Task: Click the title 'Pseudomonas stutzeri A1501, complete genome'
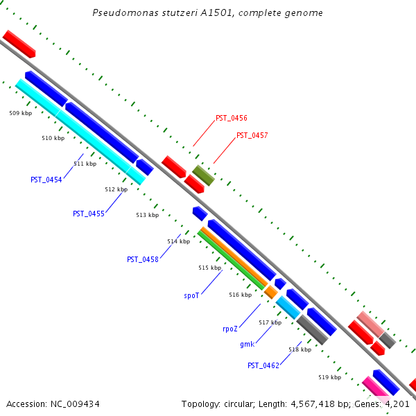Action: pos(207,13)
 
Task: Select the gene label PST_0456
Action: pos(231,119)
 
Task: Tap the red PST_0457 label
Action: pos(252,136)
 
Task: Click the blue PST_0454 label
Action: pos(46,180)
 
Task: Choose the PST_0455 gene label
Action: pos(88,214)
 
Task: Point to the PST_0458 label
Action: pos(142,259)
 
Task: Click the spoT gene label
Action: pos(191,295)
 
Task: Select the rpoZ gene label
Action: pos(231,329)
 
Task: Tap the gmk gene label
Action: pos(247,345)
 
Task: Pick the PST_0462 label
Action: pos(263,365)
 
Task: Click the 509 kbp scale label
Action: pos(20,112)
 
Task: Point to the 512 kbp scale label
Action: pos(116,189)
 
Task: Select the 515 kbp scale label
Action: pos(209,268)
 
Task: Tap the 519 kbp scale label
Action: pos(329,378)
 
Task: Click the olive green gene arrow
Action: pos(203,175)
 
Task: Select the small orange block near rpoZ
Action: pos(270,292)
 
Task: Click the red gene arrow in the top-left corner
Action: pos(19,44)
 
